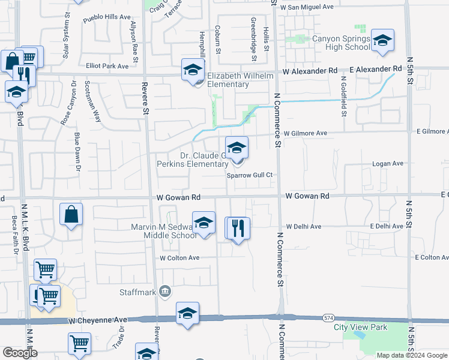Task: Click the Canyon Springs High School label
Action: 342,43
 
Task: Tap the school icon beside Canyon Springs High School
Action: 382,41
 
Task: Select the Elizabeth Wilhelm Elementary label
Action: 240,80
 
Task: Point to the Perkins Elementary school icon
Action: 237,147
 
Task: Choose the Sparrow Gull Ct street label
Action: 250,175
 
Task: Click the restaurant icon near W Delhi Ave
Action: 237,227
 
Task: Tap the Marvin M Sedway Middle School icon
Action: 203,223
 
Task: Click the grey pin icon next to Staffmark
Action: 165,292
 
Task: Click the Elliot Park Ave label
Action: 107,66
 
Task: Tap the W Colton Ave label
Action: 179,258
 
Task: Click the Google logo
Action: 19,353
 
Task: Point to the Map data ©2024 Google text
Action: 412,355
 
